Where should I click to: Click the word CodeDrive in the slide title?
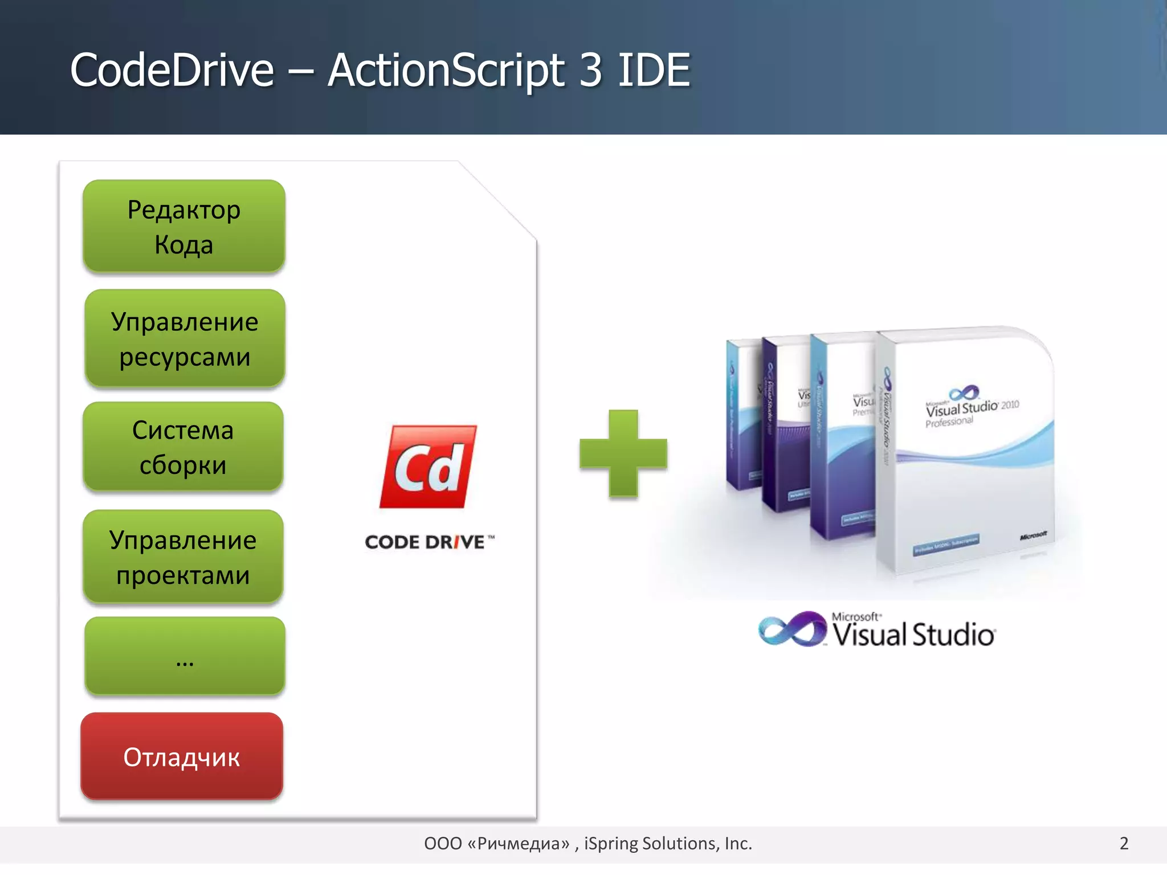click(x=172, y=70)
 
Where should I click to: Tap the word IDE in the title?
click(x=654, y=70)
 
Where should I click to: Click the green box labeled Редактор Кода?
click(x=184, y=226)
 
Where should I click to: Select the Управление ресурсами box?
click(x=185, y=338)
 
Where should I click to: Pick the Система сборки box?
click(x=183, y=447)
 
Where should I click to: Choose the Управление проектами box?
click(x=183, y=557)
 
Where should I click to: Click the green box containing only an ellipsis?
click(x=185, y=656)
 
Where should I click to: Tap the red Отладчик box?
click(x=182, y=757)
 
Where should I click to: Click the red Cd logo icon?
click(x=429, y=467)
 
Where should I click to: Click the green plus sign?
click(x=623, y=453)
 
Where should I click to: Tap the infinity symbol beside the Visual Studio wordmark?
click(x=792, y=629)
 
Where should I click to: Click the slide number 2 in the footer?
click(x=1124, y=843)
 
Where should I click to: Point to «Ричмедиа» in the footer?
click(x=518, y=843)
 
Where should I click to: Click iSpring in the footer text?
click(x=610, y=843)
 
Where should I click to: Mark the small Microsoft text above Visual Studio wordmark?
click(x=856, y=616)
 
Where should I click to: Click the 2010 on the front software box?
click(x=1010, y=405)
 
